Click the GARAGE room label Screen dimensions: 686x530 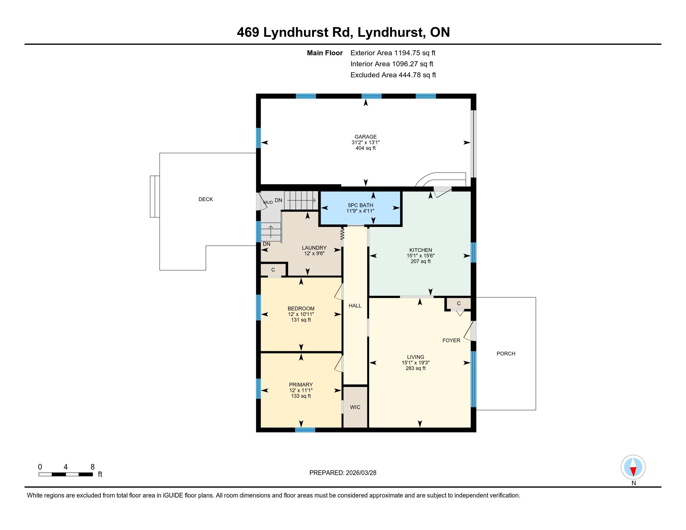coord(365,137)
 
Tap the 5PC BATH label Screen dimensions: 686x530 coord(360,205)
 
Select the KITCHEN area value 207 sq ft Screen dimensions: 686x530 coord(421,261)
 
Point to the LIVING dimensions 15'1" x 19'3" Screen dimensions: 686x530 coord(416,362)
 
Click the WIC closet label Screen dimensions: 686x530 coord(355,407)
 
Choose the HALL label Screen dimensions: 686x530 coord(355,306)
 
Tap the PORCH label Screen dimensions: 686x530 coord(506,354)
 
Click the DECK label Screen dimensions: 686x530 coord(206,199)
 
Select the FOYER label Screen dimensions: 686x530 coord(452,340)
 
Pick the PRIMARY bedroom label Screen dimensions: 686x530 coord(301,385)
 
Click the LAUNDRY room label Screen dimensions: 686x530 coord(314,248)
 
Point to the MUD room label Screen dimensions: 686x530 coord(268,203)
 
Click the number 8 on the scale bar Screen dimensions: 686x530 coord(92,467)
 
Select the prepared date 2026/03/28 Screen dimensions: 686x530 coord(360,473)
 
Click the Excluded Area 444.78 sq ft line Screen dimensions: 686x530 coord(393,75)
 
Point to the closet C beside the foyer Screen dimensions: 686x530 coord(459,303)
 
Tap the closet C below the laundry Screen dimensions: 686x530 coord(273,270)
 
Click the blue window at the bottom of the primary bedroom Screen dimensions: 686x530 coord(305,430)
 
